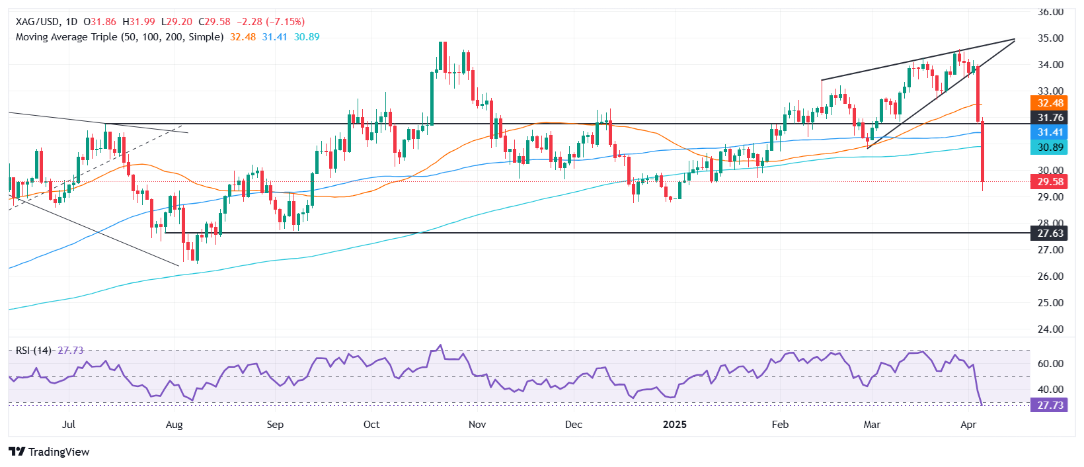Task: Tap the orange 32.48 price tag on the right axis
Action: [x=1050, y=103]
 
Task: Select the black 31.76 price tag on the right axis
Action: [x=1050, y=118]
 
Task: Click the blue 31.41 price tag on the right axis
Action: [x=1050, y=132]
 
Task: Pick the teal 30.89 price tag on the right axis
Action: [x=1050, y=148]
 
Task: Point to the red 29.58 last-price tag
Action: [x=1050, y=182]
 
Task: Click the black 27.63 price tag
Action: [x=1050, y=233]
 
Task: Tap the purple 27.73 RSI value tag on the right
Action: [x=1050, y=405]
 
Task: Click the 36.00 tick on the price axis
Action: [x=1050, y=12]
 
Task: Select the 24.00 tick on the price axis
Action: [x=1050, y=329]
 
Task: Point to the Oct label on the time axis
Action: [x=371, y=425]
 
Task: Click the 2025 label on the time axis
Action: [x=675, y=425]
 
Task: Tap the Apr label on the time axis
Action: [x=968, y=425]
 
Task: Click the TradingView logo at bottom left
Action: [x=50, y=452]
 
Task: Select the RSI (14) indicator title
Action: [x=34, y=351]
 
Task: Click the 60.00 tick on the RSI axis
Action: [x=1050, y=364]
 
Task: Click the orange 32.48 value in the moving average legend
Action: [x=243, y=37]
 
